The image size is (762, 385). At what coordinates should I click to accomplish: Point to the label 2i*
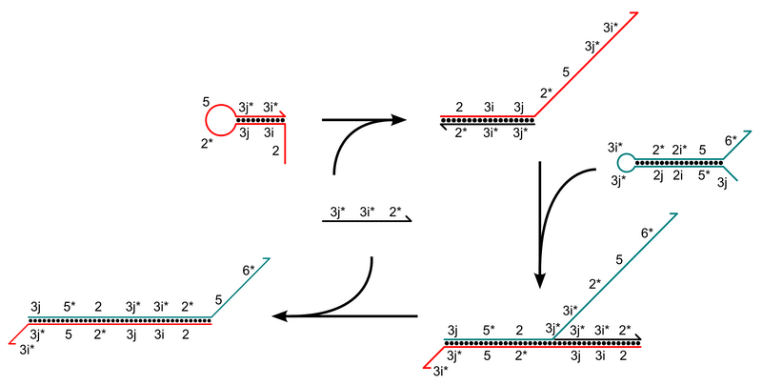coord(680,149)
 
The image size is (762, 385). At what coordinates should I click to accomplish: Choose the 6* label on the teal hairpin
coord(731,141)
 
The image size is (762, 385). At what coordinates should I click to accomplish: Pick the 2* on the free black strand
coord(396,207)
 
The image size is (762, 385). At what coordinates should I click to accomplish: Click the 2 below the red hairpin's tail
coord(276,151)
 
